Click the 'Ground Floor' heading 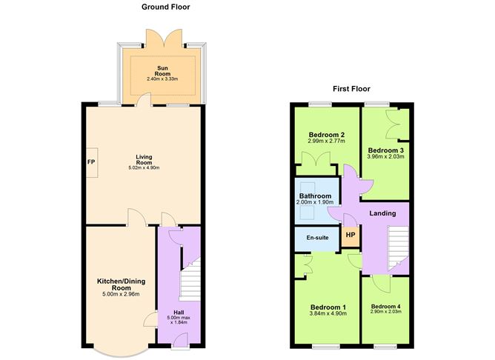pos(166,7)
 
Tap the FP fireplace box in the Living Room pos(91,162)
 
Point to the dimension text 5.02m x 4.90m pos(144,168)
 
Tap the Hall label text pos(179,312)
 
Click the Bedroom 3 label pos(385,150)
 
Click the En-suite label pos(316,238)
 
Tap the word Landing pos(383,213)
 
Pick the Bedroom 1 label pos(328,307)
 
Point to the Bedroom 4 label pos(385,306)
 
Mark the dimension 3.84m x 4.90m pos(328,315)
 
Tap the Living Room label pos(144,159)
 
